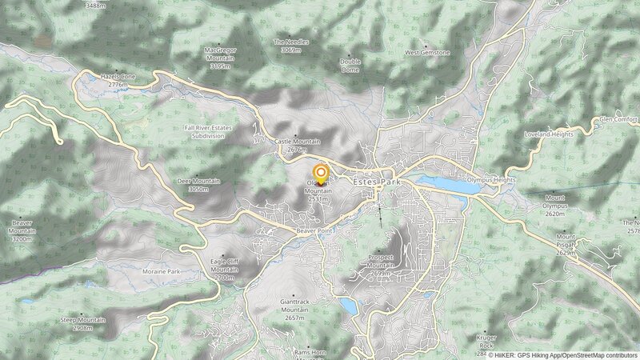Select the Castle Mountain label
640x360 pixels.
(297, 145)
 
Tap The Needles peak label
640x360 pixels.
(290, 46)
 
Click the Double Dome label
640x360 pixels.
(350, 65)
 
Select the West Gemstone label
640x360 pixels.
(427, 53)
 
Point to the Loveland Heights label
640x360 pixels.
(549, 134)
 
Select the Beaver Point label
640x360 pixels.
(314, 230)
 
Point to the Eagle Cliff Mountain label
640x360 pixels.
(224, 269)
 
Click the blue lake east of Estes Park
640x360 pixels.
(442, 186)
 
